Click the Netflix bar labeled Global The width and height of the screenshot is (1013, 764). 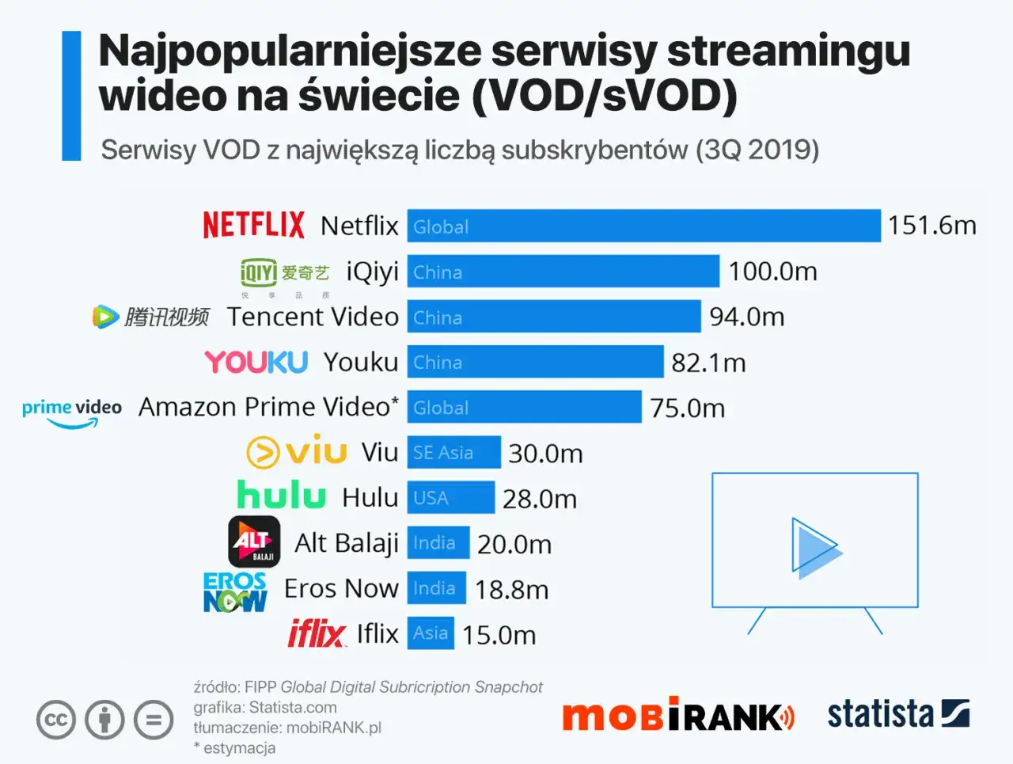(643, 226)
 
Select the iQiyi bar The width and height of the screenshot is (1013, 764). (563, 272)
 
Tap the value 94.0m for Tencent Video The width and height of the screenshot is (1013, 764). (746, 317)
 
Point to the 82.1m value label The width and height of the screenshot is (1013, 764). (708, 363)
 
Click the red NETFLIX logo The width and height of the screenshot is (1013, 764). (253, 225)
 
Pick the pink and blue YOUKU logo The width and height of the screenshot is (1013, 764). (256, 362)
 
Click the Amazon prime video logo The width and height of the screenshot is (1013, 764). (72, 412)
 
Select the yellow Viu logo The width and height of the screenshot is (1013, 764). (297, 452)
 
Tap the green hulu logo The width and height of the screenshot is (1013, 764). (281, 496)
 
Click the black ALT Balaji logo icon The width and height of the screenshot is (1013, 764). (254, 542)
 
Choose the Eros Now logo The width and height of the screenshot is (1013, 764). (234, 591)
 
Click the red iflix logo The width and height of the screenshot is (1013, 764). (316, 633)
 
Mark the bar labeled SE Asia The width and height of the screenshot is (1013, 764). (453, 452)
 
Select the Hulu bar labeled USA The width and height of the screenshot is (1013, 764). (450, 498)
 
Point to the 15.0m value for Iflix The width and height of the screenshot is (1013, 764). (499, 635)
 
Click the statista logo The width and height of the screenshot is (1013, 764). (898, 714)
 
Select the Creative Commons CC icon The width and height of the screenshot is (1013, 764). (56, 720)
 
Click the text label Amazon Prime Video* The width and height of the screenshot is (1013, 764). (268, 407)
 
